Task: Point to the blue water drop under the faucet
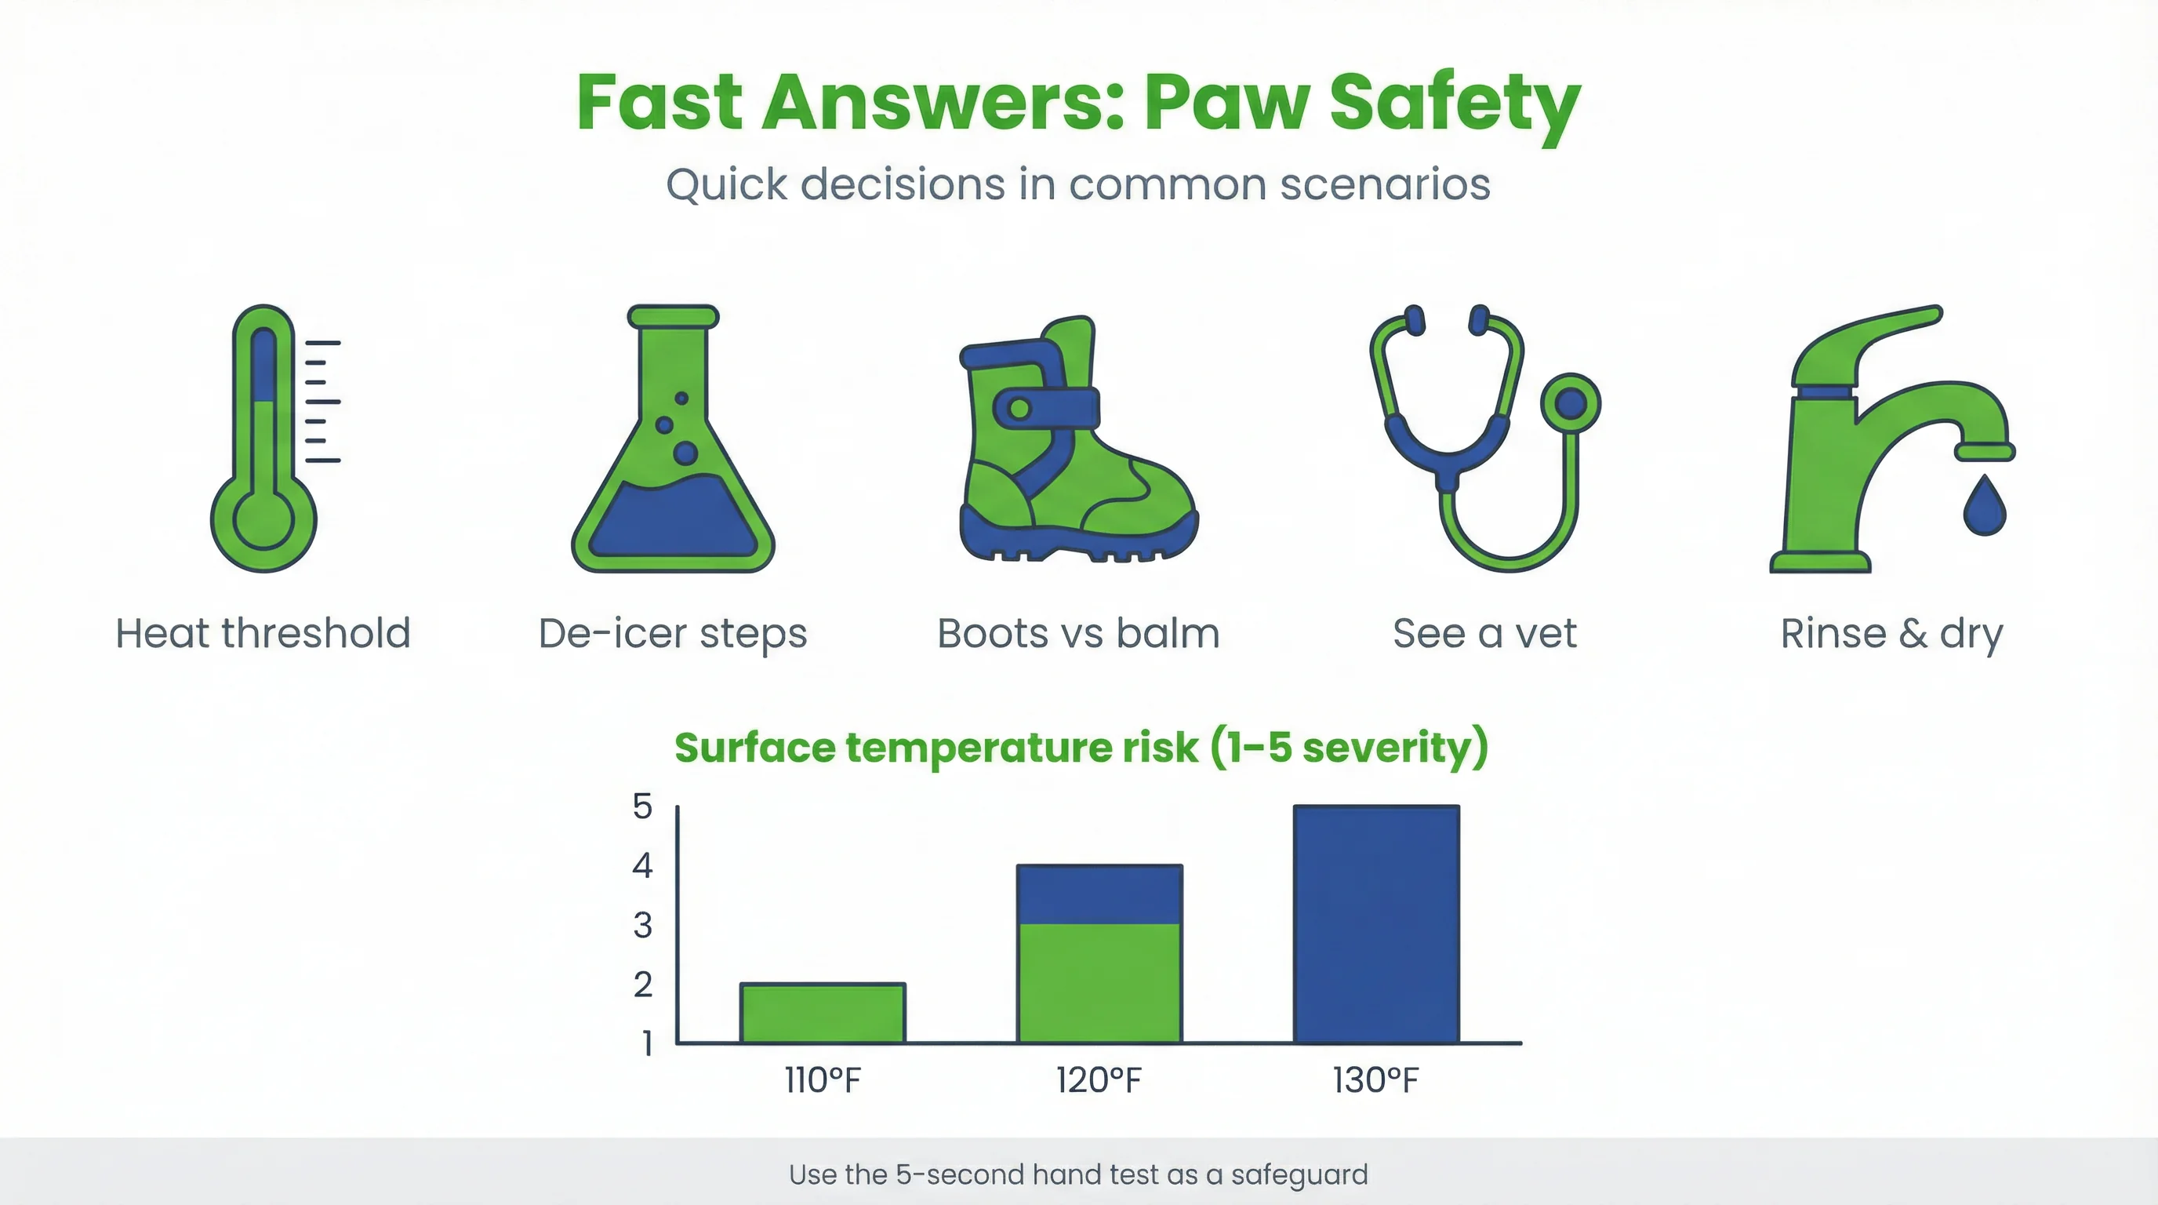tap(1985, 507)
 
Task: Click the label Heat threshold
tap(263, 634)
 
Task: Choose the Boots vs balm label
tap(1078, 634)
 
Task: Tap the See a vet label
tap(1484, 634)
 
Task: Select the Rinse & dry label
tap(1891, 634)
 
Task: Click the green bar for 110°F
tap(823, 1013)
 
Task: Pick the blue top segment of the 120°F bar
tap(1099, 894)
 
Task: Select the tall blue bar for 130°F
tap(1376, 924)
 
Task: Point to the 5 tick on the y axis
tap(642, 807)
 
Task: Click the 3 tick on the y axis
tap(642, 926)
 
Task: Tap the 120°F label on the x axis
tap(1099, 1081)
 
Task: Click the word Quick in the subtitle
tap(726, 184)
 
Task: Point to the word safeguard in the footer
tap(1299, 1175)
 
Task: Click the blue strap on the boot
tap(1047, 408)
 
